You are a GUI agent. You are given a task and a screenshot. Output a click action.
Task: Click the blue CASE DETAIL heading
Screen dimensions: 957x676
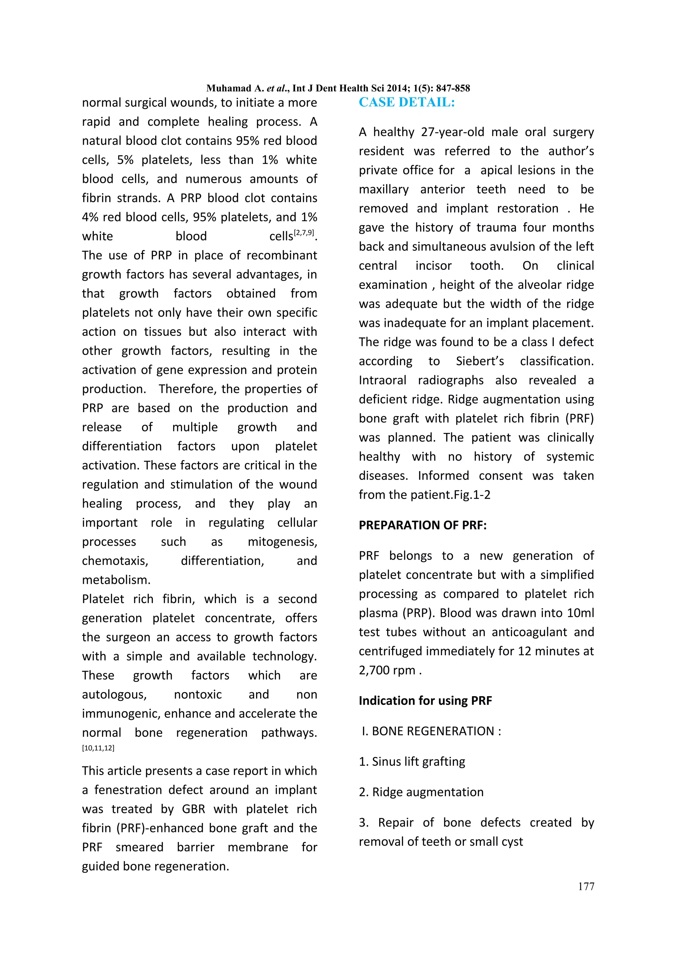[x=407, y=102]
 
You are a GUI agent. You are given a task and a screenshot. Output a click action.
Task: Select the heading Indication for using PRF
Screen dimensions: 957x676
[x=425, y=701]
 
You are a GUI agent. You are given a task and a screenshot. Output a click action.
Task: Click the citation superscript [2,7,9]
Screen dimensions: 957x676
[x=304, y=233]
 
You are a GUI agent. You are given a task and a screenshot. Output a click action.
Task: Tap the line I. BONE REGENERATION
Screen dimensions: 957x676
[x=431, y=731]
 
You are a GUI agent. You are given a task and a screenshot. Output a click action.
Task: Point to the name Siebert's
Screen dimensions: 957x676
[x=479, y=361]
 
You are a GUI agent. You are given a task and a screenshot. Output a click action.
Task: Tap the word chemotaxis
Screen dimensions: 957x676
[x=115, y=561]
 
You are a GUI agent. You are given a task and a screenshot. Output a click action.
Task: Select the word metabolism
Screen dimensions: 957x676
[x=116, y=580]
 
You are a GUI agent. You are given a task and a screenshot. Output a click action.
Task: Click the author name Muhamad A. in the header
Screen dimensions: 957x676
[x=235, y=89]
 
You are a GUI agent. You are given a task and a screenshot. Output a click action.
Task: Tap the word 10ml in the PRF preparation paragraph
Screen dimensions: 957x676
[x=580, y=613]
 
